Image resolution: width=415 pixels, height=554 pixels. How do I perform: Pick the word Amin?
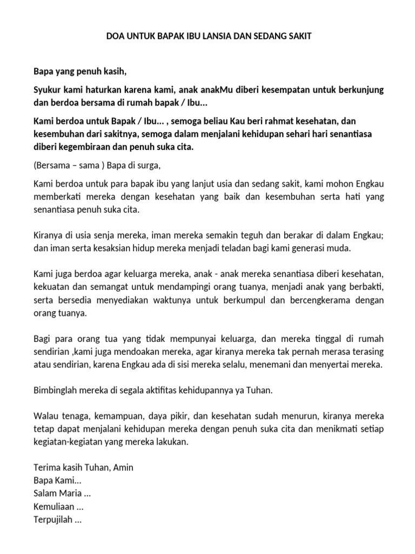click(x=122, y=467)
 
